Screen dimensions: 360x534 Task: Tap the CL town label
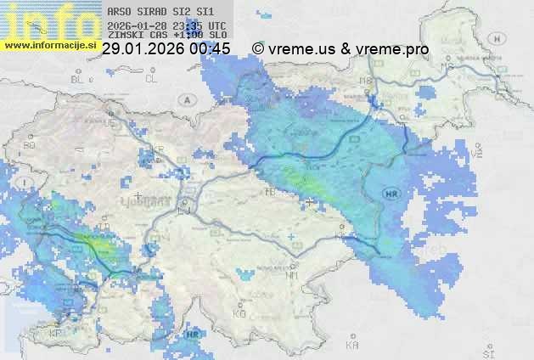click(152, 78)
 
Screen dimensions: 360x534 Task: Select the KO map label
click(239, 313)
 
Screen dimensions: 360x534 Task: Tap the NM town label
click(292, 275)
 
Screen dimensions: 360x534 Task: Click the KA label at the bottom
click(352, 346)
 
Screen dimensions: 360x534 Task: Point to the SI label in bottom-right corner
click(486, 351)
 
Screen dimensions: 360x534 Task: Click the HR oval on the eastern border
click(391, 194)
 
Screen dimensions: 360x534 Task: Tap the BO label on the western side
click(30, 145)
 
